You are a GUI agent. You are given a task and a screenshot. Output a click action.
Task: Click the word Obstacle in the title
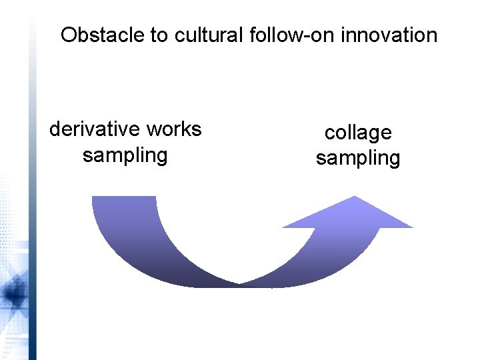coord(102,35)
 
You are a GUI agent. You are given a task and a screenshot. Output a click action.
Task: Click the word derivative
coord(93,129)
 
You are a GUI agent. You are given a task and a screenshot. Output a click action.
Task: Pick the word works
coord(171,129)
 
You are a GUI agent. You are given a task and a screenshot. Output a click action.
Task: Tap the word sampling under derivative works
coord(125,155)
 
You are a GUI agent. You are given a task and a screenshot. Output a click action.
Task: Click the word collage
coord(358,133)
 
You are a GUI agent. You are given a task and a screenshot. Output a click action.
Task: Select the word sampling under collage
coord(358,159)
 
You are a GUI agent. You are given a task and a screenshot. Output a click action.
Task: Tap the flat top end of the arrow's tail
coord(123,197)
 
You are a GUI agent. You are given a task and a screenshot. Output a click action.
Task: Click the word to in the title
coord(159,35)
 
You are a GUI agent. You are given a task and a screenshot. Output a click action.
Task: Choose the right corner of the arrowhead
coord(412,227)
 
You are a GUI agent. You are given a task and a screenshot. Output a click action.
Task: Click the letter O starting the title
coord(68,35)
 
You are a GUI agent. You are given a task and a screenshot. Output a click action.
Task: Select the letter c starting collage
coord(329,133)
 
